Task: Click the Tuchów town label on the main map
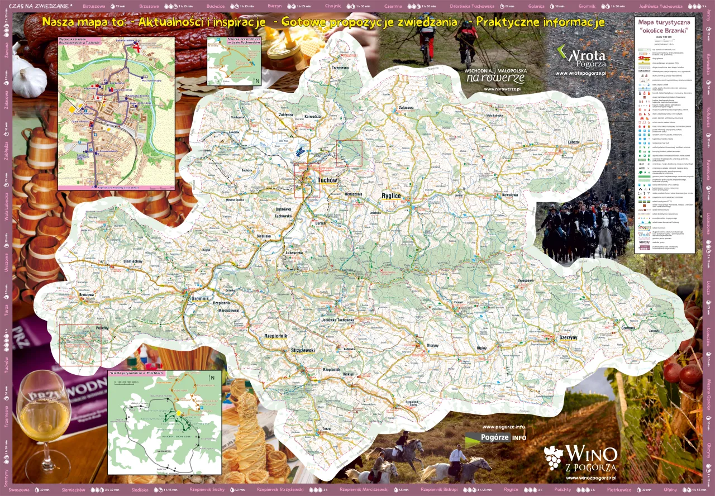coord(327,180)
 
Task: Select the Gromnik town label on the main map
coord(197,299)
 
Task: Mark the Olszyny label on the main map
coord(433,345)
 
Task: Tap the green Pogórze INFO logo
coord(495,437)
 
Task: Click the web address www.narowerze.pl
coord(502,89)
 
